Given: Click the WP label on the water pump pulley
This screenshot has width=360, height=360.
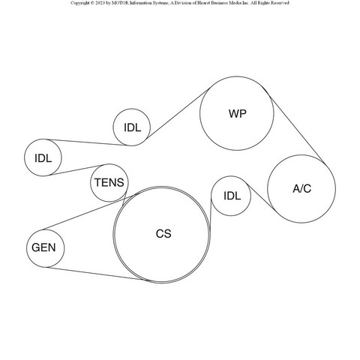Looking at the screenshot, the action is pos(237,114).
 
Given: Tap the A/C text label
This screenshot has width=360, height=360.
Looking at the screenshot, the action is pos(301,188).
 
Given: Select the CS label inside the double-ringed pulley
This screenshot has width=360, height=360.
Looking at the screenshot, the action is pos(163,234).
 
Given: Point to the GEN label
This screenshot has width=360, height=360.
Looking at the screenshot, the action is pos(43,247).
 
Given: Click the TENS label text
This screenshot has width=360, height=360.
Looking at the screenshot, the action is pos(109,182).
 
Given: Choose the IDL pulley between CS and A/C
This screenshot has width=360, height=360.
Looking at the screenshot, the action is pos(231,196).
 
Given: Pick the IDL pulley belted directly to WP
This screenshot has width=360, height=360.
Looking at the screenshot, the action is pos(132,127).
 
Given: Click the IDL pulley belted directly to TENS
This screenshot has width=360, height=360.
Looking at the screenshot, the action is pos(43,157).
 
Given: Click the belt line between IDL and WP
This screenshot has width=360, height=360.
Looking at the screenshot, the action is pos(178,113).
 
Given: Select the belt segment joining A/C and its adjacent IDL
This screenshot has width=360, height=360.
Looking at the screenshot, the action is pos(260,196).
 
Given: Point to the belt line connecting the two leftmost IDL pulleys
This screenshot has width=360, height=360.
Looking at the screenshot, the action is pos(88,142).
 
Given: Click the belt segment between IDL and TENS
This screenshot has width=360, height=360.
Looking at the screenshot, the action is pos(76,170).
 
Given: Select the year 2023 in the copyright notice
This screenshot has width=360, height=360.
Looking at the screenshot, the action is pos(100,3).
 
